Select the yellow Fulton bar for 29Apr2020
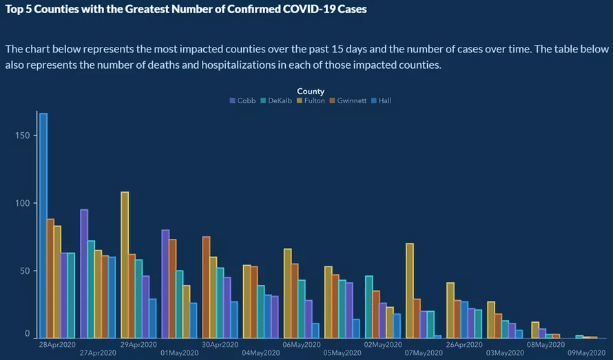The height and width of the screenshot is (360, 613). (x=125, y=264)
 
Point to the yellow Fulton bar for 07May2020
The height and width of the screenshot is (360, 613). (x=410, y=290)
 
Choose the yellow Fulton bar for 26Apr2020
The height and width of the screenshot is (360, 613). (x=450, y=310)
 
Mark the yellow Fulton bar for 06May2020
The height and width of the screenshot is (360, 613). (x=288, y=293)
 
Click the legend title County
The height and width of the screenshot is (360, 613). (x=311, y=91)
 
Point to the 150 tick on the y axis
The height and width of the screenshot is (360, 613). (x=25, y=136)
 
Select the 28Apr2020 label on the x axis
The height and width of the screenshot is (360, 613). (x=57, y=343)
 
